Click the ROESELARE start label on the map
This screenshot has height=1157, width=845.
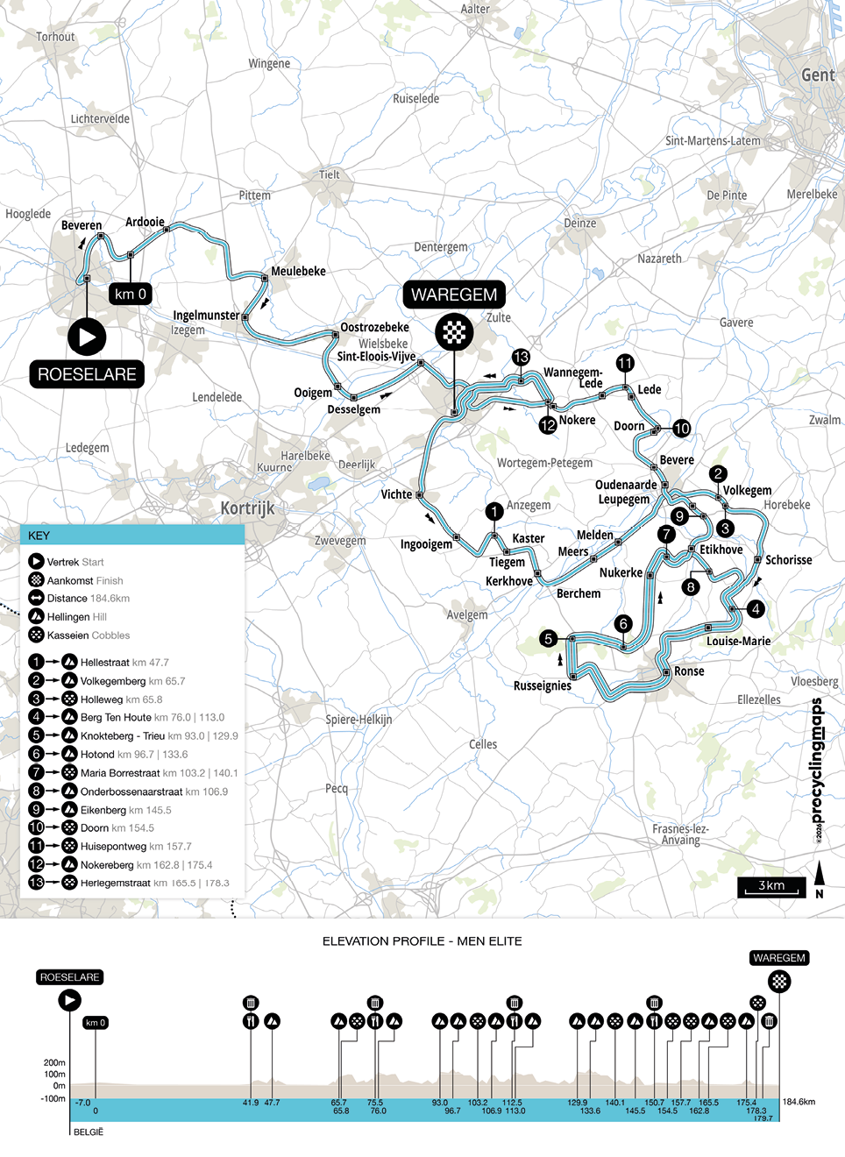(87, 374)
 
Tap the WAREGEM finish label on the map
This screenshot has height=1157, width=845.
(454, 295)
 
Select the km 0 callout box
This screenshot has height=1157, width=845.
(131, 294)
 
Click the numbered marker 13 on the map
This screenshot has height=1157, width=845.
(521, 357)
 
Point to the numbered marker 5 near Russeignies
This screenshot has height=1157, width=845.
(549, 638)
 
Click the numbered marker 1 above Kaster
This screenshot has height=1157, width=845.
(494, 511)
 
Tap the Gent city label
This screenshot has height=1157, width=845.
(817, 75)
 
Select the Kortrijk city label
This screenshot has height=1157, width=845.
(247, 508)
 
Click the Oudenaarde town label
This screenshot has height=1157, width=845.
(626, 485)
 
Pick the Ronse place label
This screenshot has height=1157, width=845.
(689, 671)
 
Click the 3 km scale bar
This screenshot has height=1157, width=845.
(771, 887)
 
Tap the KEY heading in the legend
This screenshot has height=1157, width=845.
(39, 536)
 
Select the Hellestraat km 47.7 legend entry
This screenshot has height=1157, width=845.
(124, 663)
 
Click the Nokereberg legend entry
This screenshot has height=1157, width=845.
(146, 865)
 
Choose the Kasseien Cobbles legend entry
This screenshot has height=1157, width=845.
(88, 635)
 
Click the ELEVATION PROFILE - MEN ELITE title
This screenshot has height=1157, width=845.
(422, 941)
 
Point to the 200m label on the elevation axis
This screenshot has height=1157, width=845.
(54, 1062)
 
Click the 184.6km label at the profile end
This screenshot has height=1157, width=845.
(799, 1102)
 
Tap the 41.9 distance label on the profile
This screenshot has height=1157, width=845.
(251, 1103)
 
